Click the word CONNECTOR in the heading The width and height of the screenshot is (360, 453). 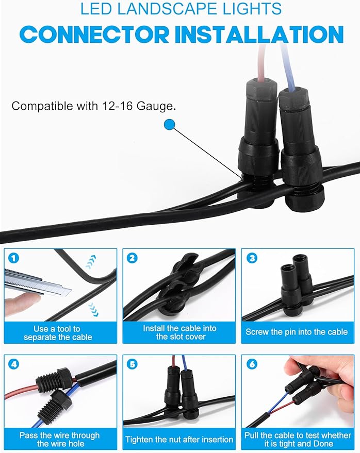click(94, 35)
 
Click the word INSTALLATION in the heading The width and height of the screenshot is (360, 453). click(259, 35)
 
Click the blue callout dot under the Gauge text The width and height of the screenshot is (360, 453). click(170, 125)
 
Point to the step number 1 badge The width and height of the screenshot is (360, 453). click(13, 258)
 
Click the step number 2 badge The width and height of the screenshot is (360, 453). click(132, 258)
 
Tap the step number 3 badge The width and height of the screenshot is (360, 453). click(252, 258)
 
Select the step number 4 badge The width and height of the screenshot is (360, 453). click(13, 364)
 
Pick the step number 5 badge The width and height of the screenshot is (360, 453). click(132, 364)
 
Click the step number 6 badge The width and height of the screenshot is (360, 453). click(252, 364)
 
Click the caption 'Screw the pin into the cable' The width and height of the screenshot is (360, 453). click(297, 332)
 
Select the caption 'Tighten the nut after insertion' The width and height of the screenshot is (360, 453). click(179, 440)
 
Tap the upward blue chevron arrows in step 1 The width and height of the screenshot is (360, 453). click(91, 262)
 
